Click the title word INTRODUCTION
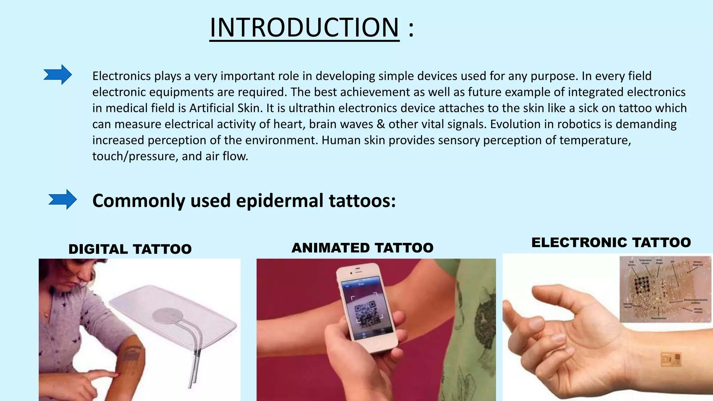pyautogui.click(x=304, y=28)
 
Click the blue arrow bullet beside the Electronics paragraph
pyautogui.click(x=57, y=74)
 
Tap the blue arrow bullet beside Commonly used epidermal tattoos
pyautogui.click(x=62, y=199)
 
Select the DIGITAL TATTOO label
pyautogui.click(x=130, y=249)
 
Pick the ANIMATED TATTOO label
pyautogui.click(x=362, y=248)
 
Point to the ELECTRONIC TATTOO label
pyautogui.click(x=611, y=242)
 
